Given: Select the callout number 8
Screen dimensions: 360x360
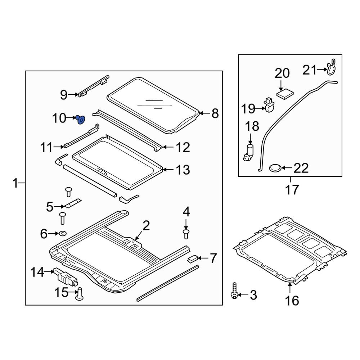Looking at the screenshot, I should point(215,114).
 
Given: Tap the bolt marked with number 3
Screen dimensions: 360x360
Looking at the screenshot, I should point(234,291).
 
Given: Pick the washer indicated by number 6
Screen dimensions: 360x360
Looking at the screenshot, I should point(63,234).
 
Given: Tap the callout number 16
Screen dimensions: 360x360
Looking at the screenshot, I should point(292,300).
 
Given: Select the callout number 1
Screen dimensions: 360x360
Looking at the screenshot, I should point(15,184).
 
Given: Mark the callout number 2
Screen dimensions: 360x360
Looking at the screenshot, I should point(145,226).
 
